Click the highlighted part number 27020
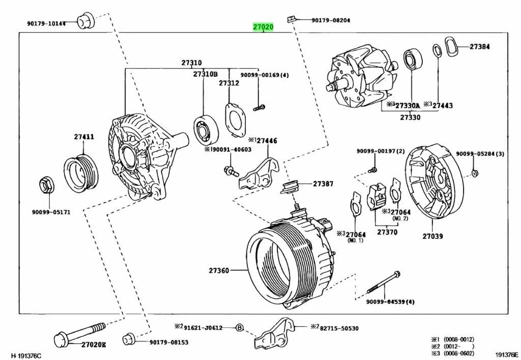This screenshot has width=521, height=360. coord(263,27)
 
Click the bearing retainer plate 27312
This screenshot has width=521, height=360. coord(234,119)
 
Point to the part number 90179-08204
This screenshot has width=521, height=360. coord(331,20)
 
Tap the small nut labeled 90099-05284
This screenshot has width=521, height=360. coord(474,173)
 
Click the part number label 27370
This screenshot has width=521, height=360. coord(387,232)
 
